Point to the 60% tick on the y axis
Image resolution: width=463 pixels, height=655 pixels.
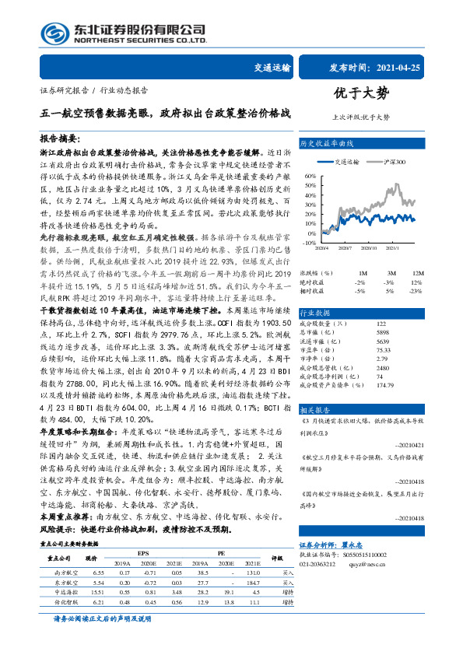click(310, 177)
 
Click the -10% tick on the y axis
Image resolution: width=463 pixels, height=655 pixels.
click(310, 243)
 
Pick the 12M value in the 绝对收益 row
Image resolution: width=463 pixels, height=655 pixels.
click(417, 282)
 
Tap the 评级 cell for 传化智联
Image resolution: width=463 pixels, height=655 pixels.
click(286, 602)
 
